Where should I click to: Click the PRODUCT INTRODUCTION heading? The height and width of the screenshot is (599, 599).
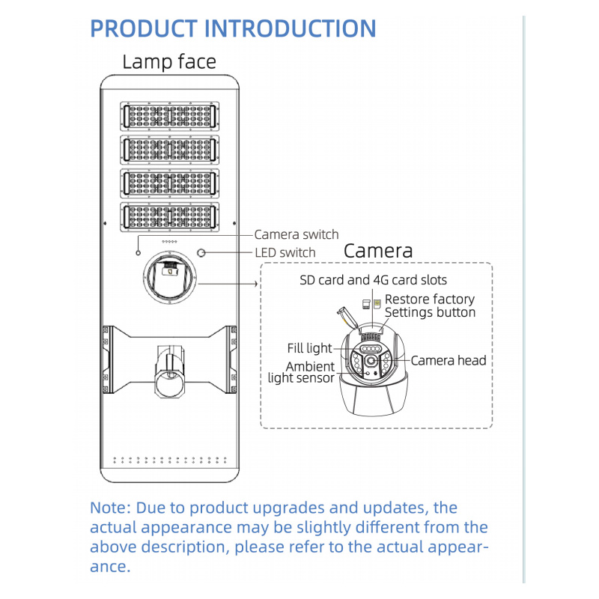pyautogui.click(x=233, y=28)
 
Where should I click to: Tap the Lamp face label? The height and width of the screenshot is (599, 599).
pyautogui.click(x=168, y=61)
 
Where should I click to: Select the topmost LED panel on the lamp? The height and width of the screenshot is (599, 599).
pyautogui.click(x=169, y=115)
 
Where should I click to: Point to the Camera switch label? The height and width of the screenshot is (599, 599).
pyautogui.click(x=297, y=234)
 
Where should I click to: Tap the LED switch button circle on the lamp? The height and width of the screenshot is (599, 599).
pyautogui.click(x=201, y=252)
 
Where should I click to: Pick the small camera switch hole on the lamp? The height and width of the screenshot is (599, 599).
pyautogui.click(x=137, y=253)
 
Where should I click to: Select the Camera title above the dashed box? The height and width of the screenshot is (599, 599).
pyautogui.click(x=378, y=251)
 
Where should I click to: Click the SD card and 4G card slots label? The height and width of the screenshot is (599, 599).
pyautogui.click(x=373, y=280)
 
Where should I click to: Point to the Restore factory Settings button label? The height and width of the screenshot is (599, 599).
pyautogui.click(x=430, y=305)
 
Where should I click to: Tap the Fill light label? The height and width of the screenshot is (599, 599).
pyautogui.click(x=309, y=348)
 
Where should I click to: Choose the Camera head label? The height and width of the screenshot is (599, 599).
pyautogui.click(x=449, y=360)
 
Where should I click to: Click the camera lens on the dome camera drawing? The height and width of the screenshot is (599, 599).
pyautogui.click(x=371, y=362)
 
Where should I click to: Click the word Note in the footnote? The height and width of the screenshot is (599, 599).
pyautogui.click(x=109, y=508)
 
